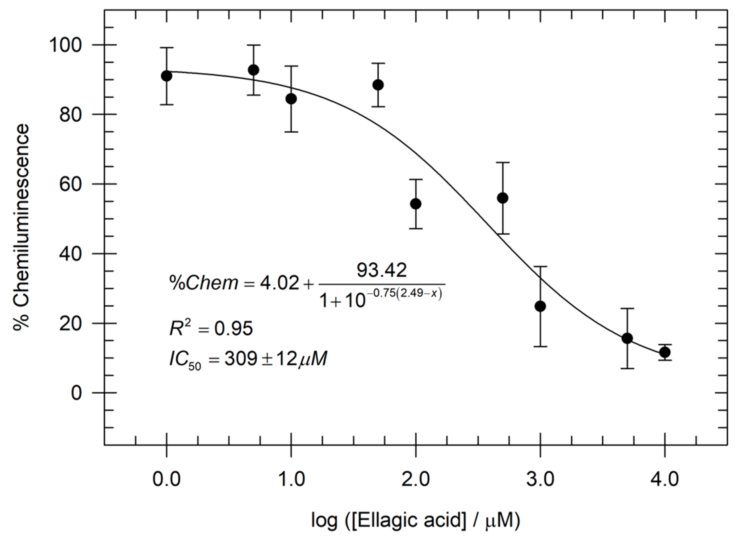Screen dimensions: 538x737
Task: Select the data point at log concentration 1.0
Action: point(291,99)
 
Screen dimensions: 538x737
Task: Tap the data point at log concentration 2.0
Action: point(416,204)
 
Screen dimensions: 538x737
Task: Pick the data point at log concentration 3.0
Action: point(540,306)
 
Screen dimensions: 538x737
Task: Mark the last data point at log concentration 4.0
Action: point(665,352)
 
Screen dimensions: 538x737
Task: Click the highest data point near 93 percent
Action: point(253,70)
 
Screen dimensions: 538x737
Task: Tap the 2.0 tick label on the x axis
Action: point(416,480)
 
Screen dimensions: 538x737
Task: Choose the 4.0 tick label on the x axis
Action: point(665,480)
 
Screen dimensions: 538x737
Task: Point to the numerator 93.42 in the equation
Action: point(381,270)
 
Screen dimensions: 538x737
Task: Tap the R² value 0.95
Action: point(233,329)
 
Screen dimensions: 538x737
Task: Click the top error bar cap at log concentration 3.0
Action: point(540,266)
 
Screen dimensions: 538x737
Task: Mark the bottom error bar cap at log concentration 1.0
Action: point(291,132)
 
